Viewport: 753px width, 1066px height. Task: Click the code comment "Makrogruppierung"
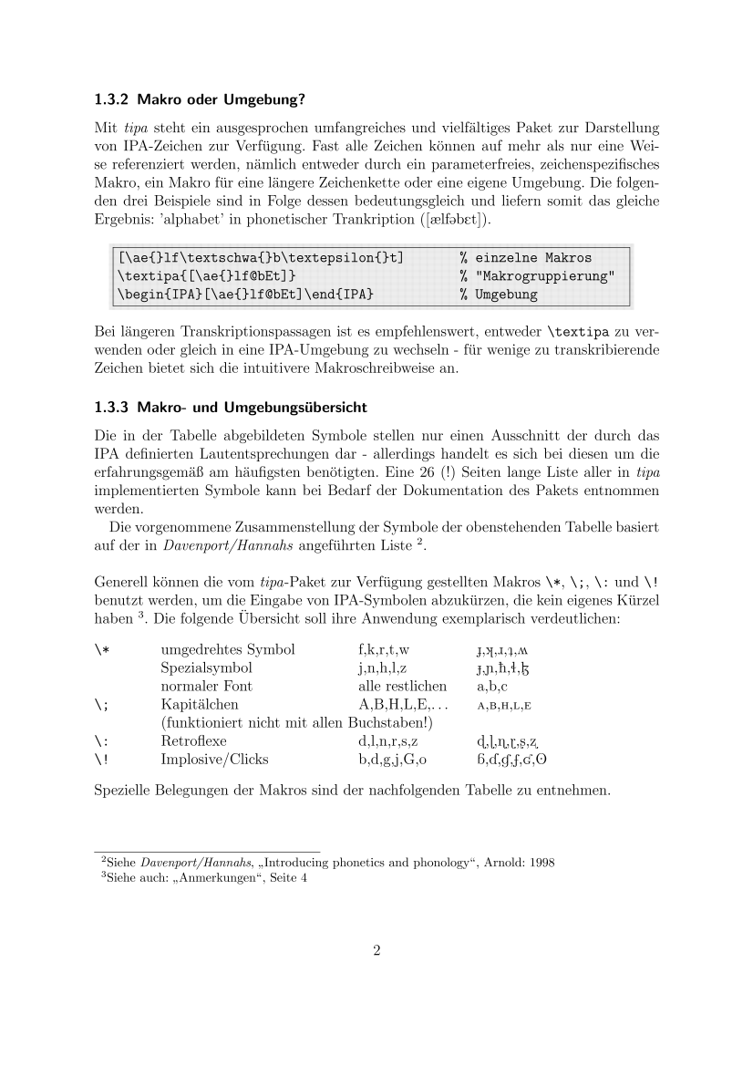[x=543, y=276]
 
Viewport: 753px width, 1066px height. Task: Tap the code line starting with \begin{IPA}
[x=246, y=295]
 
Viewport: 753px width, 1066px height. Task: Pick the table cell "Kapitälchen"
[x=200, y=704]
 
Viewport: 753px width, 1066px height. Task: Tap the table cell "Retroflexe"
[x=194, y=740]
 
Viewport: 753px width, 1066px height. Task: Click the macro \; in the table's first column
[x=100, y=704]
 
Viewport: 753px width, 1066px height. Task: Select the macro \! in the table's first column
[x=100, y=759]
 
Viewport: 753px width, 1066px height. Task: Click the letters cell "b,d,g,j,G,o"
[x=394, y=759]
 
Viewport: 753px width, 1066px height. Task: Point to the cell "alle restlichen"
[x=403, y=686]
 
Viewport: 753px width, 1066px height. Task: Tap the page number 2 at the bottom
[x=376, y=951]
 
